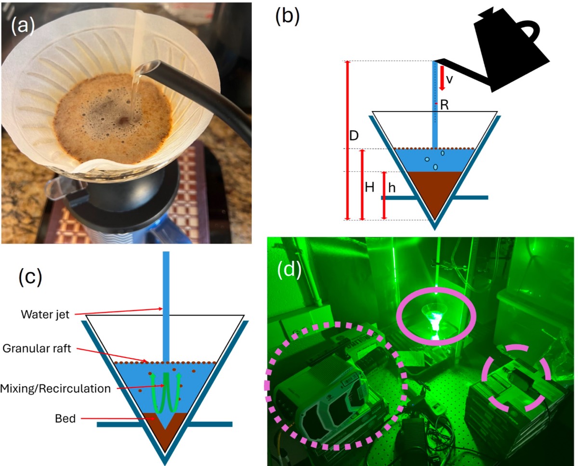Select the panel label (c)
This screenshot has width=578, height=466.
pos(30,279)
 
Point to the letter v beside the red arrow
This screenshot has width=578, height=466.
pos(449,80)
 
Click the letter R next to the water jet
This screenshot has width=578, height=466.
pos(444,106)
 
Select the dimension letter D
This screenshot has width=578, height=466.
pos(354,136)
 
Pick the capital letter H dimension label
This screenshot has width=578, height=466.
pos(369,188)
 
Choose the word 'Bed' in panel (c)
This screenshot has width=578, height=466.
pos(66,418)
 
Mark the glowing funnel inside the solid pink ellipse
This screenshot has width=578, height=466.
pos(433,319)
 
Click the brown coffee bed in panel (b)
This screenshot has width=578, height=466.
pos(435,191)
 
